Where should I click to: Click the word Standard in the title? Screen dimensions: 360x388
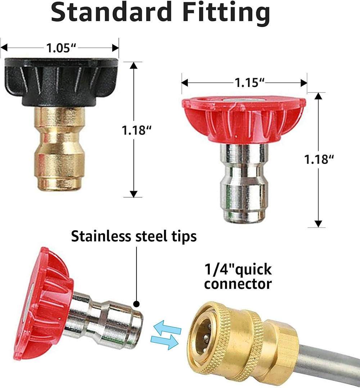[x=111, y=12]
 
